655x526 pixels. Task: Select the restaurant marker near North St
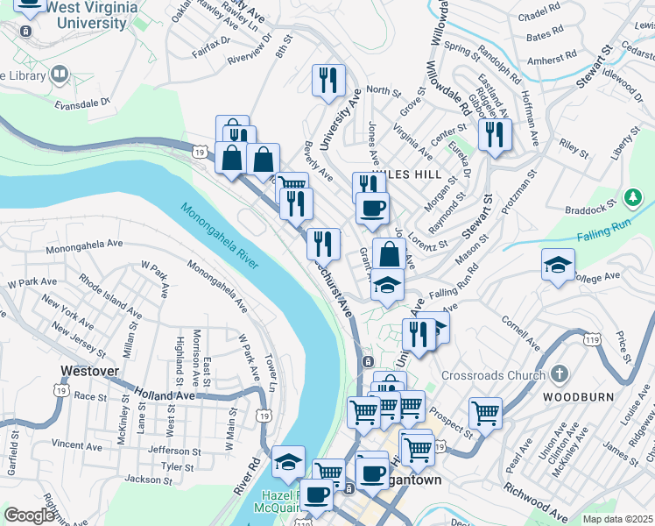(x=328, y=81)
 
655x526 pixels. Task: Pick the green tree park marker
(x=631, y=195)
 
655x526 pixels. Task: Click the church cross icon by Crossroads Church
(x=558, y=375)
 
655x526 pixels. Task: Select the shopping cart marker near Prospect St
(x=485, y=411)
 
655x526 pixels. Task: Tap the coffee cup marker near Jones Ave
(x=372, y=209)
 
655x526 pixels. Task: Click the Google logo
(x=29, y=515)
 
